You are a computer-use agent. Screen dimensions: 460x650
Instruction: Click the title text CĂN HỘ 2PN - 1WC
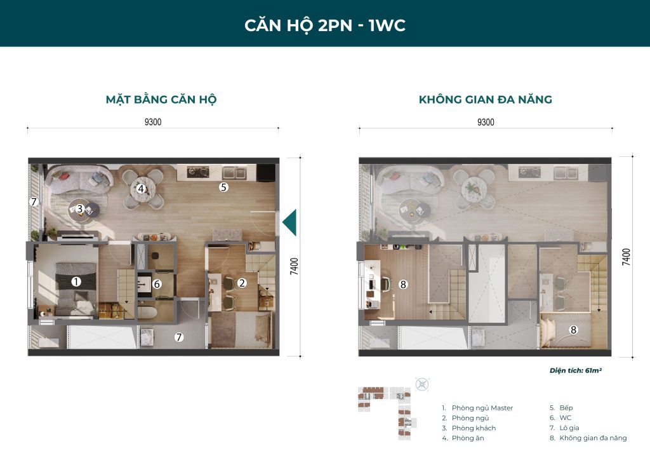324,25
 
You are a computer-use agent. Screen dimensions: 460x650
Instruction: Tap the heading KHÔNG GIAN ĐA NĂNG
485,100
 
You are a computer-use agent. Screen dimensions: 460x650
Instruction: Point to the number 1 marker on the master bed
76,281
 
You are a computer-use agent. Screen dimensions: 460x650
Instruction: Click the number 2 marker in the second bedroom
242,283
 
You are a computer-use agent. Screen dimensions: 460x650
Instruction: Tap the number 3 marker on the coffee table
80,208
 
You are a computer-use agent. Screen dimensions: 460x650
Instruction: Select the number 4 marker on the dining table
142,189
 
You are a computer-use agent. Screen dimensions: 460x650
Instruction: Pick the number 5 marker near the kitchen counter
223,187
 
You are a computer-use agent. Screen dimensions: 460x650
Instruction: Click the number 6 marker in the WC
157,285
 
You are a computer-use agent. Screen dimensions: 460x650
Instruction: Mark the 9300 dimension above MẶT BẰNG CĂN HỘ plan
153,123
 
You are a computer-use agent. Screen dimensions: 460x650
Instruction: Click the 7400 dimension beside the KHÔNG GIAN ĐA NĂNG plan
627,257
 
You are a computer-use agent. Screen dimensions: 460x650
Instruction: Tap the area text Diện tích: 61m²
575,370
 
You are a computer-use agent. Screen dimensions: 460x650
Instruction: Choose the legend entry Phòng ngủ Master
482,408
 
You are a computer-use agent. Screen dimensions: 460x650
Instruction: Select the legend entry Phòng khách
473,428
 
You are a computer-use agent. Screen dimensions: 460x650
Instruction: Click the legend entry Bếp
567,408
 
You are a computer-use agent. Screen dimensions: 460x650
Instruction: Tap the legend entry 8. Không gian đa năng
588,438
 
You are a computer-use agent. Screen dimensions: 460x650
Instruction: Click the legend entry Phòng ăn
469,438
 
